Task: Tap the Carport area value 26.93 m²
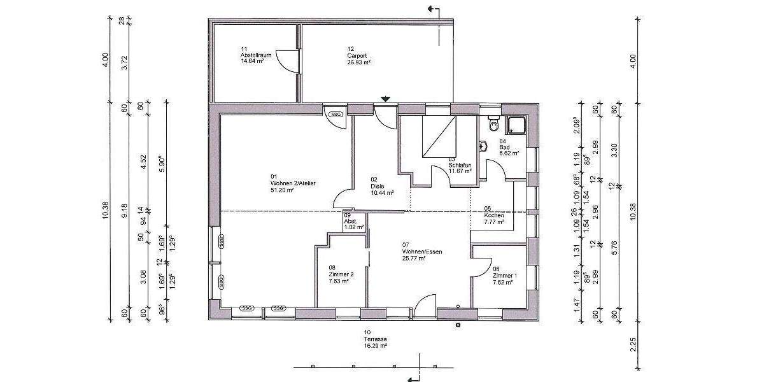click(x=359, y=62)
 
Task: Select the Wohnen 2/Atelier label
click(x=293, y=183)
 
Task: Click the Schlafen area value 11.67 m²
click(x=460, y=171)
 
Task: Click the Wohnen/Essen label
click(x=421, y=251)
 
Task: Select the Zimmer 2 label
click(x=341, y=274)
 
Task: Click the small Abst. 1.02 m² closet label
click(x=354, y=222)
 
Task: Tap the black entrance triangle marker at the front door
click(x=385, y=99)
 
